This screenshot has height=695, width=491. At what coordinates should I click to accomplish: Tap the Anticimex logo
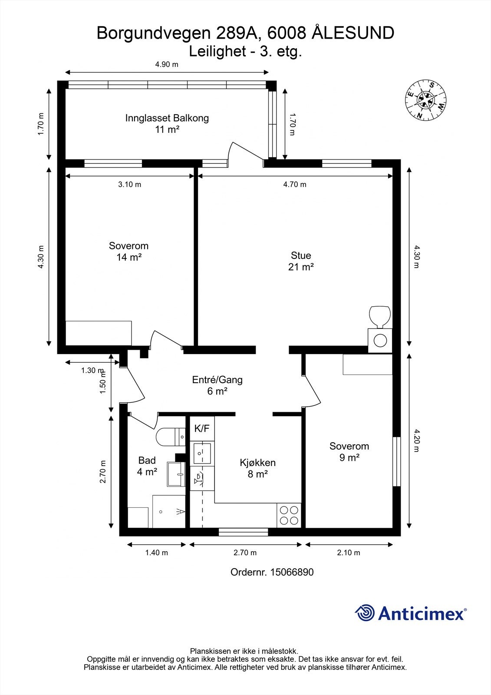[x=411, y=613]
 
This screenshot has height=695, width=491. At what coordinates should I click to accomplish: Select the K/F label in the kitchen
[x=201, y=428]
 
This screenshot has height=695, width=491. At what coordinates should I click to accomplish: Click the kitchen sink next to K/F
[x=202, y=453]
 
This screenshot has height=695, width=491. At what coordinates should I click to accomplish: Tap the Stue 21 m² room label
[x=301, y=261]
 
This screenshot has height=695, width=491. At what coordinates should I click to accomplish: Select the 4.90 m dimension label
[x=167, y=65]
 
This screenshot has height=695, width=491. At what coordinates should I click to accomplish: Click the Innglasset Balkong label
[x=167, y=123]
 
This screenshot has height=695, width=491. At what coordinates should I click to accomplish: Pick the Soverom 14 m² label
[x=129, y=252]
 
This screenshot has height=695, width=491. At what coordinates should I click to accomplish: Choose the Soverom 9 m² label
[x=349, y=451]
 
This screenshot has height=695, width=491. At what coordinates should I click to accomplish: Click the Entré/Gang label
[x=217, y=385]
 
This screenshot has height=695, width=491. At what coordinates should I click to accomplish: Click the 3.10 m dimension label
[x=129, y=184]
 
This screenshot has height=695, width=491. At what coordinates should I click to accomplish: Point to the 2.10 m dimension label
[x=349, y=553]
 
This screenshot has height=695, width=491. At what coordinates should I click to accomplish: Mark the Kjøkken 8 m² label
[x=257, y=468]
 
